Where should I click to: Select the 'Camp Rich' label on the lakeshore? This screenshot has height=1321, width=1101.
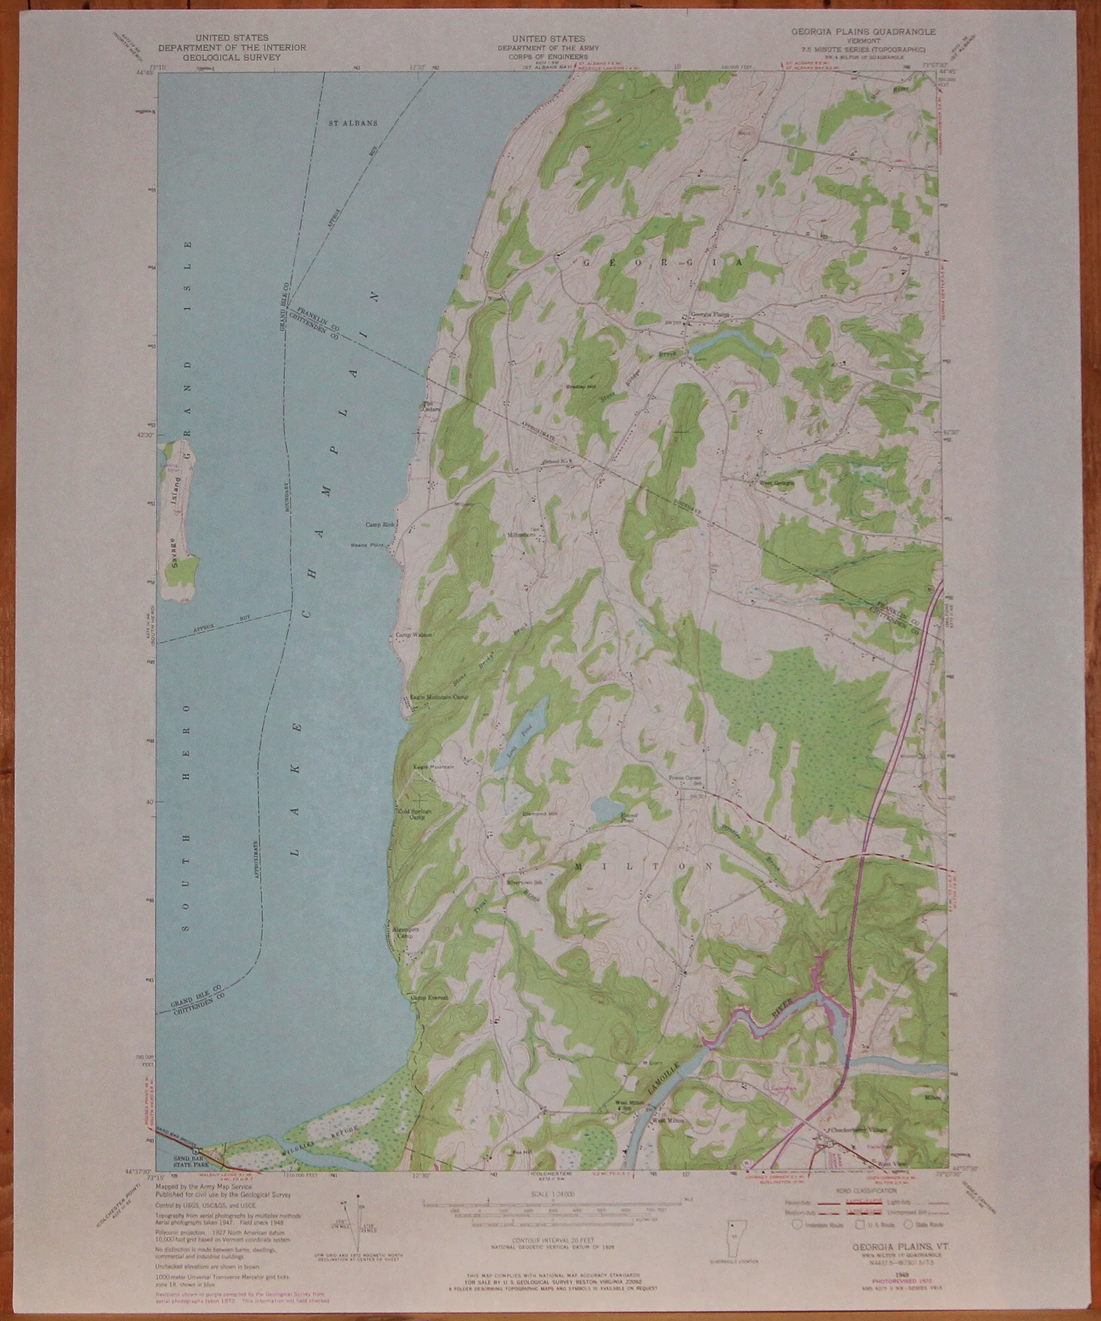[x=380, y=524]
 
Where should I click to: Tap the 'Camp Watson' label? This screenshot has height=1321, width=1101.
[x=413, y=635]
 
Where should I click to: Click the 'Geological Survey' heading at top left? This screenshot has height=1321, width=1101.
[x=231, y=57]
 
